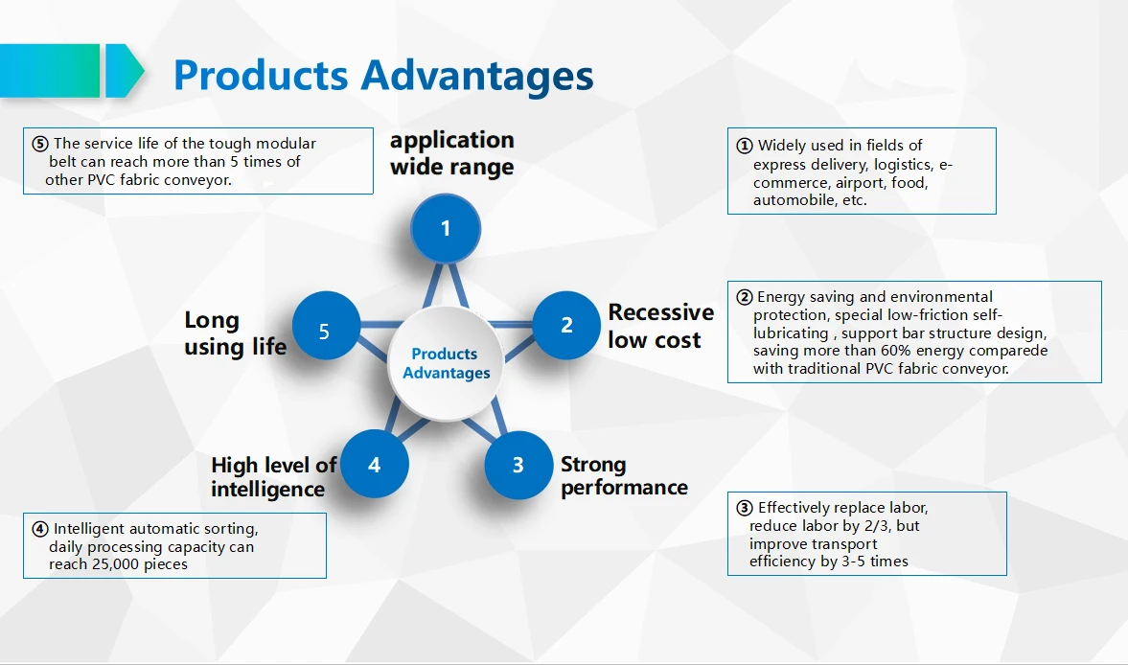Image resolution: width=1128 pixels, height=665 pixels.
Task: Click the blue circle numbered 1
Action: [446, 228]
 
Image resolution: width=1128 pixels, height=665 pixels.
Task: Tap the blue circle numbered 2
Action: [566, 326]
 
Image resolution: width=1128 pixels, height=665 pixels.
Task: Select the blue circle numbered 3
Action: [518, 465]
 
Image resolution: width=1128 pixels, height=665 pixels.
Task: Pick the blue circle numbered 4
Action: [374, 465]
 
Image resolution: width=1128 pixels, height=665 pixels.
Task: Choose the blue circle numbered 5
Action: [325, 332]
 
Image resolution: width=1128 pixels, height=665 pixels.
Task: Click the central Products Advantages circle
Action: [446, 364]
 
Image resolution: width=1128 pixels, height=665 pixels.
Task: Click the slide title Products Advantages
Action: [383, 75]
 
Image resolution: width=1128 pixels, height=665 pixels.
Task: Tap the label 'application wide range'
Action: [451, 153]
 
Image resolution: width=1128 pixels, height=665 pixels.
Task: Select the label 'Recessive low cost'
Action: [660, 326]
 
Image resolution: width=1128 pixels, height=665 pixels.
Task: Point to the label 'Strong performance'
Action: [624, 476]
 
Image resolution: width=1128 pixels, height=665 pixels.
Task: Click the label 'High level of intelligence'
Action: [273, 477]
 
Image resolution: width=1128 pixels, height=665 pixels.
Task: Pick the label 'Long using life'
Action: [235, 332]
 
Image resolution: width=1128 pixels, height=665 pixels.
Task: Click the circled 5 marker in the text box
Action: [39, 145]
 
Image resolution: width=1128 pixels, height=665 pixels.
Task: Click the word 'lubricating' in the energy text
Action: [791, 333]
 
